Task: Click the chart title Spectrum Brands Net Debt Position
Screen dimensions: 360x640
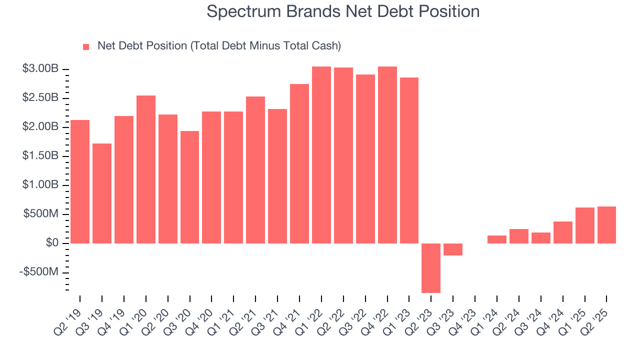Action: click(x=343, y=11)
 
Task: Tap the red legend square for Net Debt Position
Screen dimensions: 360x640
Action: click(x=86, y=46)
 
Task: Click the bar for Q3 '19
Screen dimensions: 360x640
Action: click(x=102, y=193)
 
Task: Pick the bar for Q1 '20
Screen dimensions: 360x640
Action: click(x=146, y=169)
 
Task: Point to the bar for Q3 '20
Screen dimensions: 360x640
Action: click(x=189, y=187)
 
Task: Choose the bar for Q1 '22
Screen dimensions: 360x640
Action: click(x=321, y=155)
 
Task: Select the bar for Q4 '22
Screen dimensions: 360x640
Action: click(x=387, y=155)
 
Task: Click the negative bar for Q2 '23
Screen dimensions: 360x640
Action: click(x=431, y=268)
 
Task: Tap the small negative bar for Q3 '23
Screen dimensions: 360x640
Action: click(x=453, y=249)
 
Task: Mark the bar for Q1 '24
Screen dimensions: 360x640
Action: click(x=497, y=239)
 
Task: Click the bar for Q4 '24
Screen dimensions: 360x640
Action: click(x=563, y=232)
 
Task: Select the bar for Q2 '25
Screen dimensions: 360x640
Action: click(x=606, y=225)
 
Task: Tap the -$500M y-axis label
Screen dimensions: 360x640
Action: click(x=39, y=272)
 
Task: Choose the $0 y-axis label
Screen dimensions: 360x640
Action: click(x=51, y=243)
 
